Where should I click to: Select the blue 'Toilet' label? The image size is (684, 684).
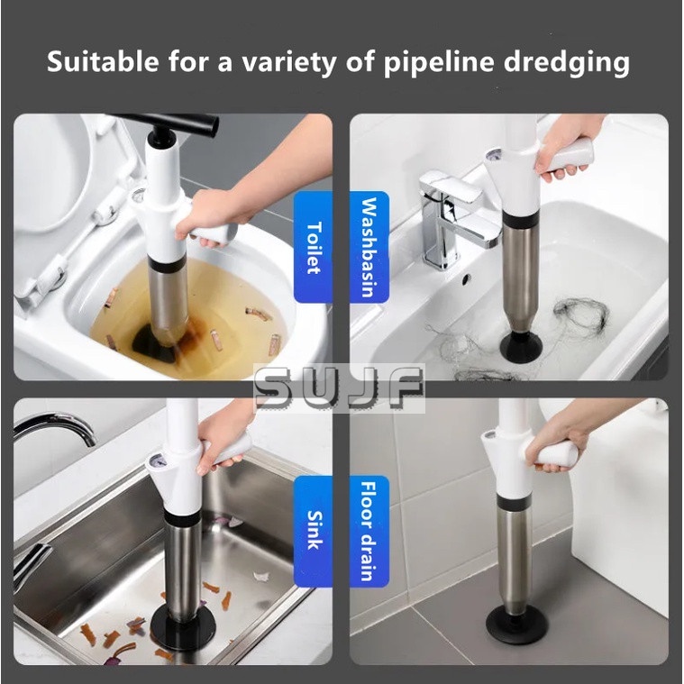[314, 249]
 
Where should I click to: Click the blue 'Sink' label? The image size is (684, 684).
[314, 532]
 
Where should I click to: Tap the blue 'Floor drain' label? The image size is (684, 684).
[369, 532]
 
